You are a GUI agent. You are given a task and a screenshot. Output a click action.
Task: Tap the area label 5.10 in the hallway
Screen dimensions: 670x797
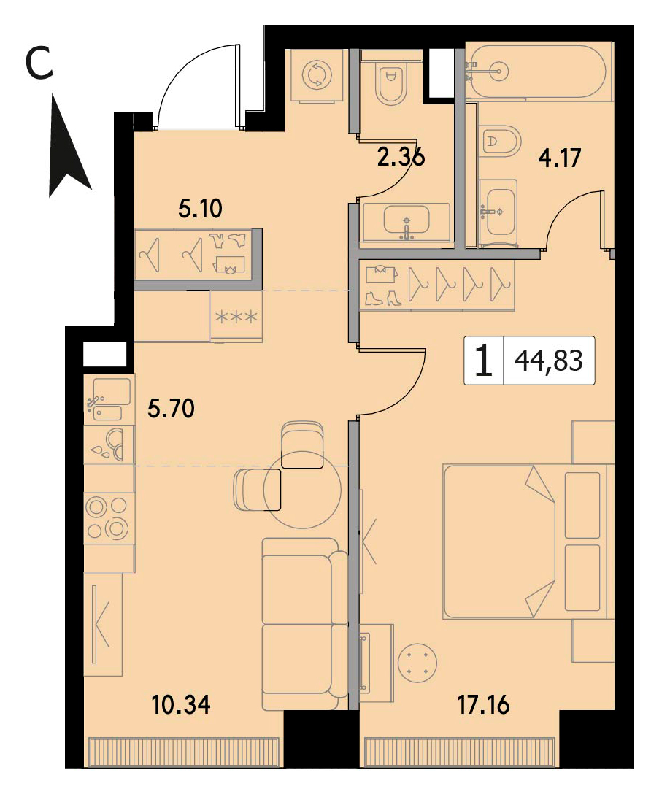[200, 209]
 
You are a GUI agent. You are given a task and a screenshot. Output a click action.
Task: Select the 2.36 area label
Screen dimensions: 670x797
[401, 158]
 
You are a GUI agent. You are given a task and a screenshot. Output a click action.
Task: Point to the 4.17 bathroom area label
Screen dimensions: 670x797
[559, 158]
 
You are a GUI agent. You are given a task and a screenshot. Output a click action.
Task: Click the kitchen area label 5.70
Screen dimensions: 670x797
[172, 408]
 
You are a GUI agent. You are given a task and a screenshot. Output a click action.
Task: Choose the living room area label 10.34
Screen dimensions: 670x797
[181, 705]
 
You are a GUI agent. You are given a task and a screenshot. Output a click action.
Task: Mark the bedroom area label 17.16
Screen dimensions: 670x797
[483, 705]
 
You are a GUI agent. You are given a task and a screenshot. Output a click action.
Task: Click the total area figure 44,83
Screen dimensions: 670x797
[549, 361]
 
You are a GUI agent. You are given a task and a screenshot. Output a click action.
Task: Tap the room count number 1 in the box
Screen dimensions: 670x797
[483, 361]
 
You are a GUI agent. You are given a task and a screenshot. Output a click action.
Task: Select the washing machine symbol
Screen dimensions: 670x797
[316, 75]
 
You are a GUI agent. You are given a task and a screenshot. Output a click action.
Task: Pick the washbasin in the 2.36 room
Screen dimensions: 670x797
[407, 222]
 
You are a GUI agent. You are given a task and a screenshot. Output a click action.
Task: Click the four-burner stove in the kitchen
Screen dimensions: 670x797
[108, 518]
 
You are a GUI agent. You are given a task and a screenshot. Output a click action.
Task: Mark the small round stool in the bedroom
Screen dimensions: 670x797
[418, 663]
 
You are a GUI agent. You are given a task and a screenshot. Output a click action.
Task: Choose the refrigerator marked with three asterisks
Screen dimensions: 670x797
[236, 316]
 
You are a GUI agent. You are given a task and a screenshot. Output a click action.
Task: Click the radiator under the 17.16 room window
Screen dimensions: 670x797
[460, 752]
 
